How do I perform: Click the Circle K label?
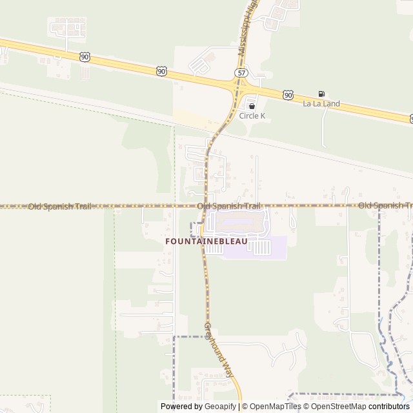coord(252,116)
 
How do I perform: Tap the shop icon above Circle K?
coord(252,106)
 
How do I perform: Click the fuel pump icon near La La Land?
coord(321,94)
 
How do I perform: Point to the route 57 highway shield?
coord(240,74)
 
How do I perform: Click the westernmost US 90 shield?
coord(85,57)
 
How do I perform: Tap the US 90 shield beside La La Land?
coord(288,95)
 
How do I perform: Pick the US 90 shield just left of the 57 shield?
coord(161,71)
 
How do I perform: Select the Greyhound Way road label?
coord(219,349)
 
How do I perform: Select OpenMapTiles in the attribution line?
coord(276,407)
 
